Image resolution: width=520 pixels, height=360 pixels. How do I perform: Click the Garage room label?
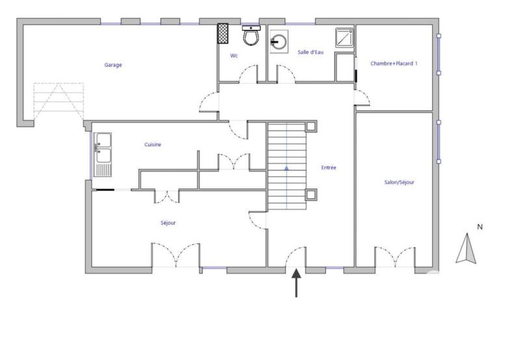click(x=113, y=65)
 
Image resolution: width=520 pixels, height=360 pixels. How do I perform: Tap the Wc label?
click(x=234, y=56)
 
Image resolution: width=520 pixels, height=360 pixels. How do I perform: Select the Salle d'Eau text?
click(x=311, y=52)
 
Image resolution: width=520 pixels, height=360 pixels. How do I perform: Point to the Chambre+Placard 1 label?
click(x=394, y=64)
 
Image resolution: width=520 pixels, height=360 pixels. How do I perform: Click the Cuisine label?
click(x=153, y=145)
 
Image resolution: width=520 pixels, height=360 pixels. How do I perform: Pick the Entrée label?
click(x=329, y=168)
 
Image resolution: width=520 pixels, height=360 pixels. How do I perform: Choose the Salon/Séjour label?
click(x=399, y=183)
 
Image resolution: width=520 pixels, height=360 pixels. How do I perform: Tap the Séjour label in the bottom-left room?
click(x=168, y=223)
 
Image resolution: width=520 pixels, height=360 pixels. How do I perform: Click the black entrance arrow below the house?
click(x=298, y=283)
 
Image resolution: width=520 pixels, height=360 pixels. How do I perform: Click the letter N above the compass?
click(x=480, y=227)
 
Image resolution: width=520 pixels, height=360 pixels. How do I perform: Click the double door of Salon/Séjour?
click(x=394, y=257)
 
